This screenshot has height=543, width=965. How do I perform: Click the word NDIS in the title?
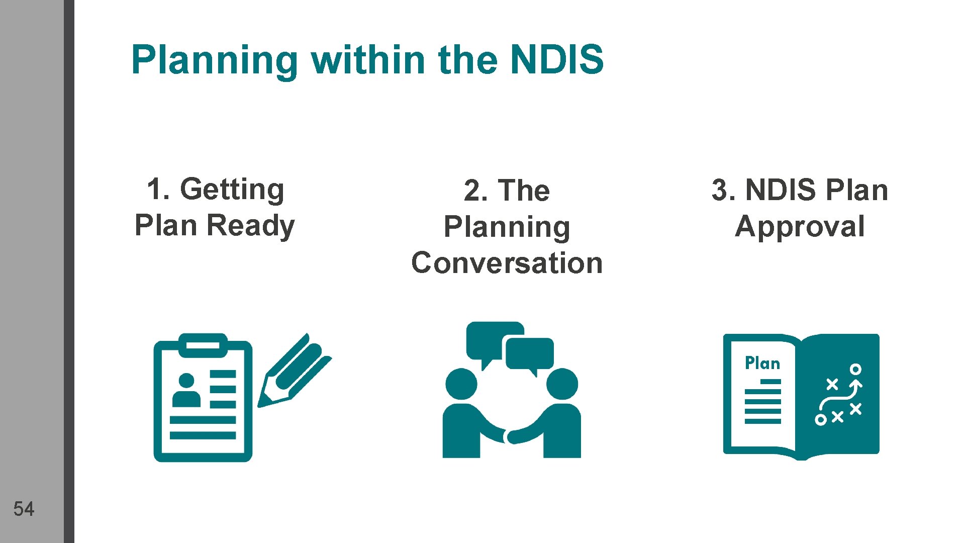tap(556, 59)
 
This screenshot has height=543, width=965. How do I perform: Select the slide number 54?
tap(24, 509)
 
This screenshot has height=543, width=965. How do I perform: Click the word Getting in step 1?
tap(232, 190)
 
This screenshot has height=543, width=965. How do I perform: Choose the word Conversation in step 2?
tap(507, 263)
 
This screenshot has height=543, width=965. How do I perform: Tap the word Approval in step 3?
tap(800, 227)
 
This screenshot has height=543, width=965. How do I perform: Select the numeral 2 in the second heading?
tap(472, 191)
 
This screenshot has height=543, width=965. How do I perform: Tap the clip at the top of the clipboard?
tap(203, 345)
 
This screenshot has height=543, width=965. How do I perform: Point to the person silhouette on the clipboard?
tap(186, 391)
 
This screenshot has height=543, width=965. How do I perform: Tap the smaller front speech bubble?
tap(530, 353)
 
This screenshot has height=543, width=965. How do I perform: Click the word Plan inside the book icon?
tap(762, 363)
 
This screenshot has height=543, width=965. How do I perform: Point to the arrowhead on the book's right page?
tap(855, 385)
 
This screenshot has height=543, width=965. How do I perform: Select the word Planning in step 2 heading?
tap(507, 227)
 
